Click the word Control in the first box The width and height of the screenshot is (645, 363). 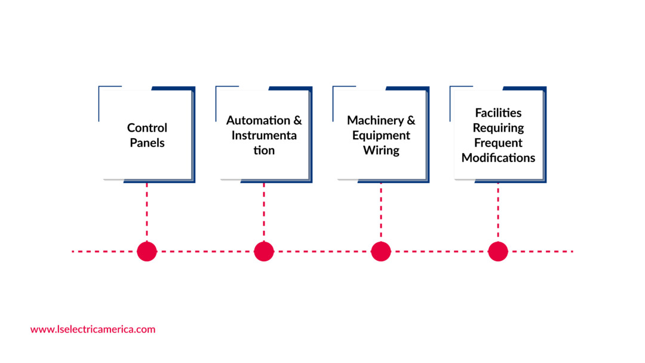click(x=147, y=128)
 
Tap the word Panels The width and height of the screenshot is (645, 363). click(x=147, y=143)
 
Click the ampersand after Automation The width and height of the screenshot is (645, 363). click(x=297, y=120)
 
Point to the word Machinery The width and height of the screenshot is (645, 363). click(x=375, y=120)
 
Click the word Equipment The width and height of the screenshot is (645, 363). click(x=381, y=135)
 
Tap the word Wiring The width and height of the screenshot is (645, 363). click(x=381, y=150)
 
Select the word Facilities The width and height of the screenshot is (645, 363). click(x=498, y=112)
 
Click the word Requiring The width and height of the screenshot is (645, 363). click(x=498, y=128)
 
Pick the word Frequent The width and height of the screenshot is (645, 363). click(x=498, y=143)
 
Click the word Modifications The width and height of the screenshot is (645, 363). click(x=498, y=158)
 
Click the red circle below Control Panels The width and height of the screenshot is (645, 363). click(x=147, y=251)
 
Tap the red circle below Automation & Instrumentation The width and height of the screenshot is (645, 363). click(x=264, y=251)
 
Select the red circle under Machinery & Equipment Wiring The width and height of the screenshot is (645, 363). click(x=381, y=251)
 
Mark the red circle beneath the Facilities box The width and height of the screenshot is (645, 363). click(x=498, y=251)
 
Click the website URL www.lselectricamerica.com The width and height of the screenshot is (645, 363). click(x=93, y=329)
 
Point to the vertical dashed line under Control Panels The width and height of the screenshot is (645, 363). click(x=147, y=212)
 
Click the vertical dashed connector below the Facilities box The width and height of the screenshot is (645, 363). click(x=498, y=212)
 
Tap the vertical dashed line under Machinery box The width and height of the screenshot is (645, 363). click(x=381, y=212)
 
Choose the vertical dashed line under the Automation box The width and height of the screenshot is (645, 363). click(x=264, y=212)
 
